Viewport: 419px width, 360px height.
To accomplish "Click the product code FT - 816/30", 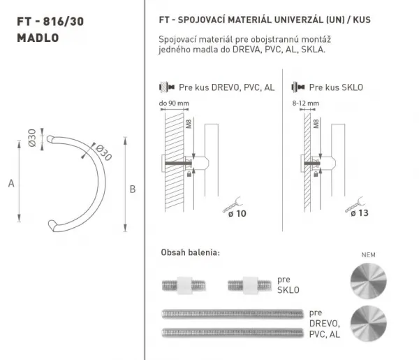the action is (x=50, y=22).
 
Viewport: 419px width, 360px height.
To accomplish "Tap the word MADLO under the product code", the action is (x=38, y=38).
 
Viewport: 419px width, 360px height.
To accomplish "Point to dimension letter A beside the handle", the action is (x=11, y=183).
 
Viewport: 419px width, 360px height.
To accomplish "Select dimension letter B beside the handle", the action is (x=133, y=189).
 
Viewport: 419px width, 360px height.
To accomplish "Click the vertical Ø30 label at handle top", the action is (x=32, y=138).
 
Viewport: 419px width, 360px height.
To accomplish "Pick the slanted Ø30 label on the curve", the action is (x=103, y=152).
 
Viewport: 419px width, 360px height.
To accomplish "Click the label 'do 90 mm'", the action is (x=174, y=103).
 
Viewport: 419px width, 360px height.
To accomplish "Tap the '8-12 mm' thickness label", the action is (x=306, y=103).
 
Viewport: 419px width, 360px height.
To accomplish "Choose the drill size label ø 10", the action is (x=237, y=214).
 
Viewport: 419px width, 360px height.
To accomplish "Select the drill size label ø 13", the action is (x=360, y=213).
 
